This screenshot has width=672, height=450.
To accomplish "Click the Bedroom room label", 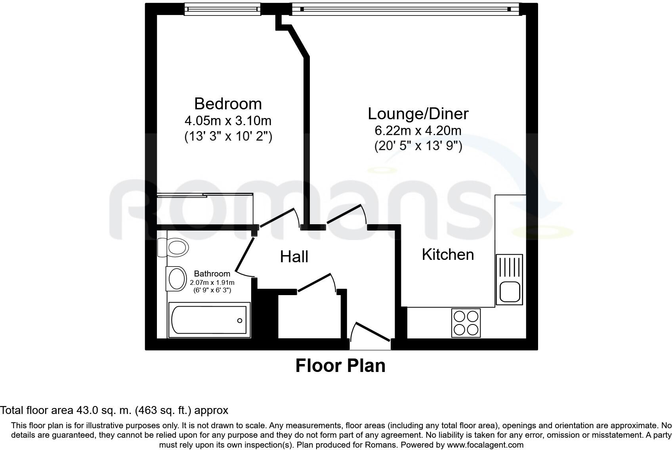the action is (228, 104).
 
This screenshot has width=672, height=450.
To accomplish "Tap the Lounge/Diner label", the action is (418, 114).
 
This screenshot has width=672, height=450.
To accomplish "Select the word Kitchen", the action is (448, 255).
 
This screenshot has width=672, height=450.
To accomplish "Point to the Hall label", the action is (294, 257).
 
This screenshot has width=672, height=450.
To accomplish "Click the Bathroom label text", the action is (212, 274).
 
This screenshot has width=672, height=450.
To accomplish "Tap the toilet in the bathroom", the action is (173, 248).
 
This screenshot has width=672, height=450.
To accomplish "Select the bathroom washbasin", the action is (176, 279).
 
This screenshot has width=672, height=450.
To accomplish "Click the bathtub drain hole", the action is (240, 321).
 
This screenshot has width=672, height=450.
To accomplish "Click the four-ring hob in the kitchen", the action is (466, 323).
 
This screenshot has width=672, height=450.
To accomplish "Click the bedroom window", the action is (222, 9).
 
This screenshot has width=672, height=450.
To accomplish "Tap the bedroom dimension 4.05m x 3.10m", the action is (228, 121).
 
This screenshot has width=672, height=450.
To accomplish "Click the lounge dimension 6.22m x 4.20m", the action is (418, 131).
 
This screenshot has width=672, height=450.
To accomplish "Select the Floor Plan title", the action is (340, 366).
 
